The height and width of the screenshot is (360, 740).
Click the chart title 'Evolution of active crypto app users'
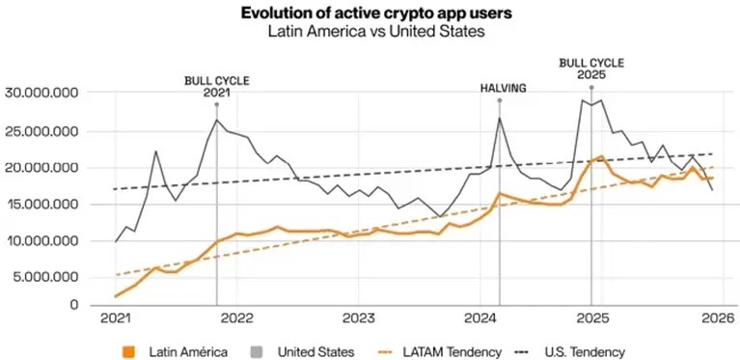coord(370,14)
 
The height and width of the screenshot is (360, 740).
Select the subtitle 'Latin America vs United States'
coord(370,32)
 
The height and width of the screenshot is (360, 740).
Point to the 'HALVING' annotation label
coord(504,88)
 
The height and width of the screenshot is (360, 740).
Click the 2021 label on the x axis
coord(116,318)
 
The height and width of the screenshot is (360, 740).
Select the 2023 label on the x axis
coord(358,318)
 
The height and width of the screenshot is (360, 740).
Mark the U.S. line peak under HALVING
coord(500,118)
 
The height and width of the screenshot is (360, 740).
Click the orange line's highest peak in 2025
coord(601,155)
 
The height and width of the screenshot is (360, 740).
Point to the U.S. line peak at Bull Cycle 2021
coord(216,120)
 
